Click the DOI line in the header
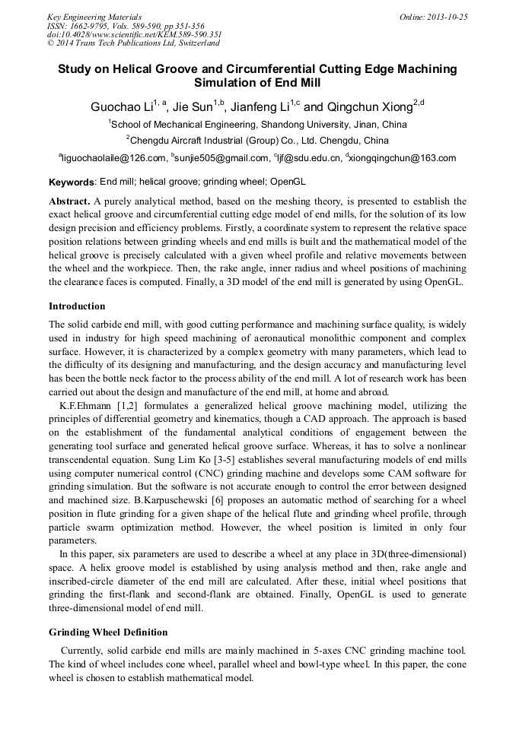134,34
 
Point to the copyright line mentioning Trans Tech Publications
133,43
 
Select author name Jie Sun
192,107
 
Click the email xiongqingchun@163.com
403,158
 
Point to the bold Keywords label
72,183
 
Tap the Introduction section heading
77,306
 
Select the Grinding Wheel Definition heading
108,632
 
